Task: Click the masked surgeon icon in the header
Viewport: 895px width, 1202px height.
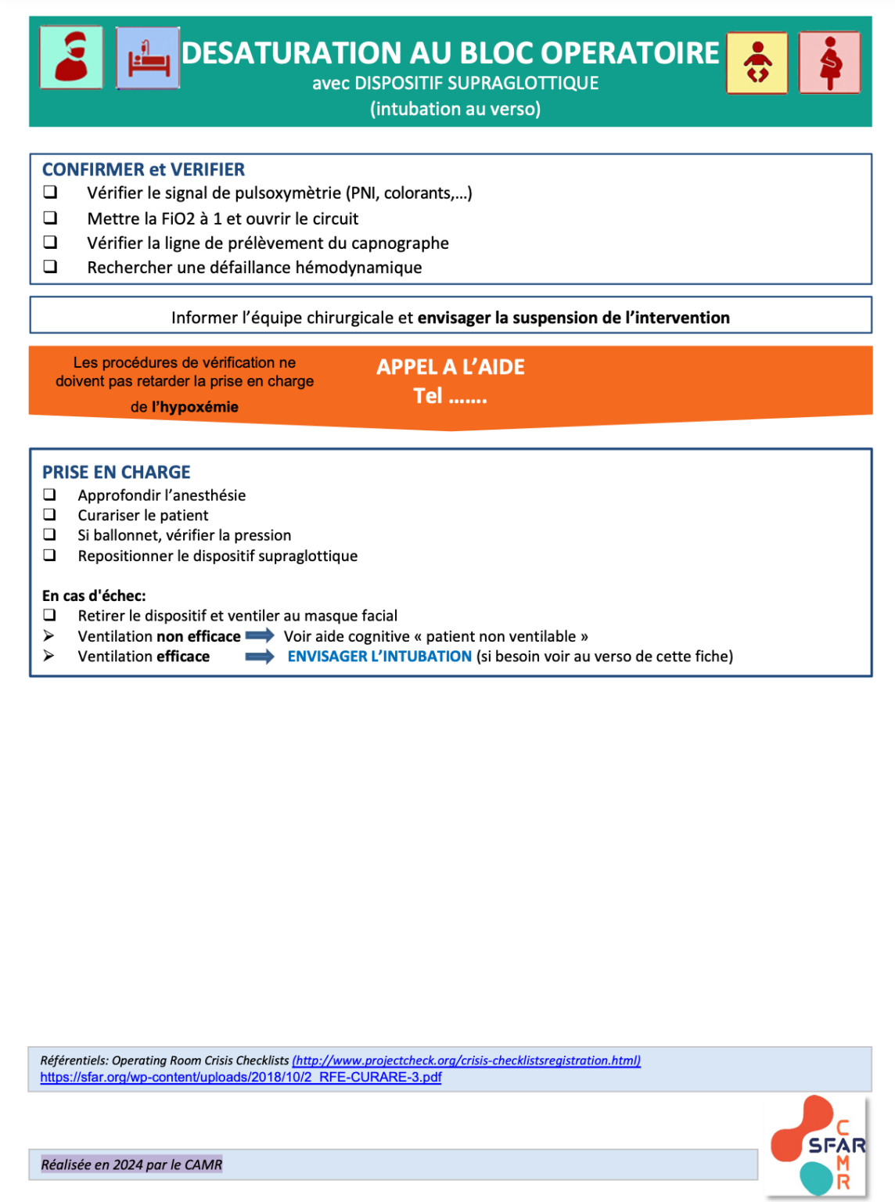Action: tap(71, 57)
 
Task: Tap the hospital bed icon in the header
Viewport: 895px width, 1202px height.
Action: tap(148, 58)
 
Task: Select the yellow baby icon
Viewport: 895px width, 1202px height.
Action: tap(757, 63)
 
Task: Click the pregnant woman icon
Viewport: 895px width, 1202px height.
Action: tap(829, 63)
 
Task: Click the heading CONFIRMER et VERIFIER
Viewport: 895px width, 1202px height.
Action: tap(143, 170)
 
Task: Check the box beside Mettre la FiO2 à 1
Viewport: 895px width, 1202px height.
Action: tap(50, 218)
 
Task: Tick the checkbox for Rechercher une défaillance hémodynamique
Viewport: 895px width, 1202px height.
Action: tap(50, 267)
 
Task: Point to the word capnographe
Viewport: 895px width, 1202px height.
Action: tap(400, 243)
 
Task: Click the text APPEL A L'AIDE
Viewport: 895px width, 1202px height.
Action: tap(451, 367)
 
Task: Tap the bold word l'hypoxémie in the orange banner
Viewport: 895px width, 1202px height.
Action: tap(195, 407)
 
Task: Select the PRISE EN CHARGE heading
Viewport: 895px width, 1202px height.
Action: tap(117, 472)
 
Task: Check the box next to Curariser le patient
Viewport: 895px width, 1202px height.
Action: tap(49, 514)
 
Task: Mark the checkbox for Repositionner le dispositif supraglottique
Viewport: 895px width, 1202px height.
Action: tap(49, 555)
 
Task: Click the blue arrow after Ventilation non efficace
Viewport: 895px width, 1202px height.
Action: tap(260, 635)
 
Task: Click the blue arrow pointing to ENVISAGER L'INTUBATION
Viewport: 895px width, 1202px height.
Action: tap(260, 656)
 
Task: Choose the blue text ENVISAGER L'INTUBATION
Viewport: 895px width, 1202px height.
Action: tap(379, 657)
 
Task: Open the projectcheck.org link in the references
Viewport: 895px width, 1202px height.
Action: tap(466, 1060)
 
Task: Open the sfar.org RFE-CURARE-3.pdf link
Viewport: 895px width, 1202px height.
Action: tap(241, 1077)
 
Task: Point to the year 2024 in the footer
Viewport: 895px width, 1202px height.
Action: tap(128, 1164)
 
